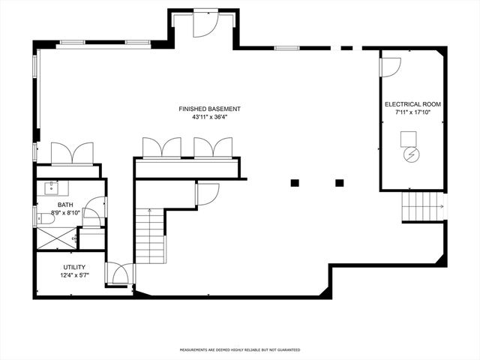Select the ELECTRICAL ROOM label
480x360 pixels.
[412, 103]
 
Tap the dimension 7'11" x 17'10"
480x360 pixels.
[412, 112]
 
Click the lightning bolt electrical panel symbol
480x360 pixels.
[412, 154]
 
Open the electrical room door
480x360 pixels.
[389, 67]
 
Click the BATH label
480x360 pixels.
[65, 205]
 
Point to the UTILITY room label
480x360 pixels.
[73, 268]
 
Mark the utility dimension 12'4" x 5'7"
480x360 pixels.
[73, 276]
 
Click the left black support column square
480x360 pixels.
[295, 182]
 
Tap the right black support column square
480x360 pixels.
[339, 182]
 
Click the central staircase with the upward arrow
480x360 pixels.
[150, 236]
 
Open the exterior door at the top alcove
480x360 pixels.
[204, 24]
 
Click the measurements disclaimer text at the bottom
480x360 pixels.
[239, 349]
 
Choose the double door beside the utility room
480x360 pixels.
[118, 274]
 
